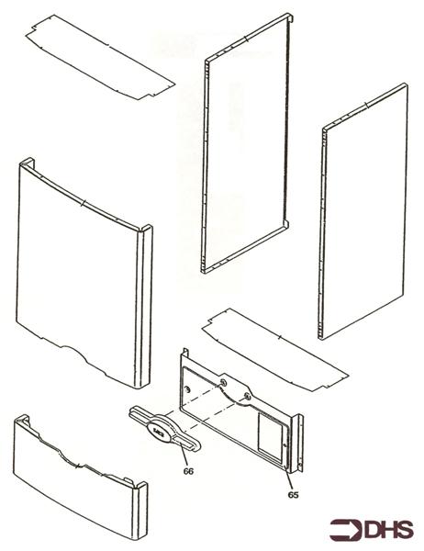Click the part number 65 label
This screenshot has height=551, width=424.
[x=292, y=495]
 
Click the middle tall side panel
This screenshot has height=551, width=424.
[x=248, y=147]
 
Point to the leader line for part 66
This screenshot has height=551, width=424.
[x=185, y=456]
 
